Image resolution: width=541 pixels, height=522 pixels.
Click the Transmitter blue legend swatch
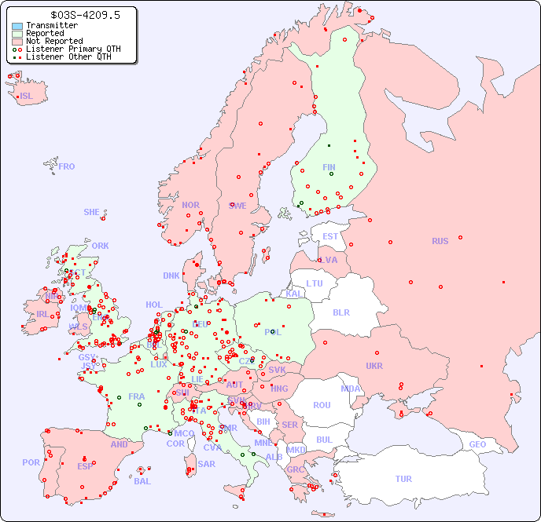(17, 26)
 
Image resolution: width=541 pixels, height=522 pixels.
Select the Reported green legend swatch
(17, 34)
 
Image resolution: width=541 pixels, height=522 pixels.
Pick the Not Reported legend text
(54, 42)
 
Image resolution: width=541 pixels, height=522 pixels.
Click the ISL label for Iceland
(27, 97)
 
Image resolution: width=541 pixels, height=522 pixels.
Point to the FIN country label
(329, 167)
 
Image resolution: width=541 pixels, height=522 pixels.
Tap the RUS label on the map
(440, 241)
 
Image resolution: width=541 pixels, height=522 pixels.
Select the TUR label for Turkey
(403, 479)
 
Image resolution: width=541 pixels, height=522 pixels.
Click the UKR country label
(374, 366)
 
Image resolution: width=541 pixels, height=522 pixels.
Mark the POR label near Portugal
(31, 462)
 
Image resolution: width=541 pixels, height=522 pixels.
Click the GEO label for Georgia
(477, 444)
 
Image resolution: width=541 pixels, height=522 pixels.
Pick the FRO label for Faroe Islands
(67, 166)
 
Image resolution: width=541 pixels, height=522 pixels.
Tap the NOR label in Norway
(190, 205)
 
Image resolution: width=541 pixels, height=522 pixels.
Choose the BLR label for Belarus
(340, 312)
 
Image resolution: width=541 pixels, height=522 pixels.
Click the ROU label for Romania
(322, 405)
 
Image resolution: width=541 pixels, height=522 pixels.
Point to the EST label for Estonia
(330, 236)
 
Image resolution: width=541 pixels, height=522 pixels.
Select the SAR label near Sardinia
(207, 464)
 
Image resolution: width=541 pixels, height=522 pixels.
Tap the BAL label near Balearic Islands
(142, 481)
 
